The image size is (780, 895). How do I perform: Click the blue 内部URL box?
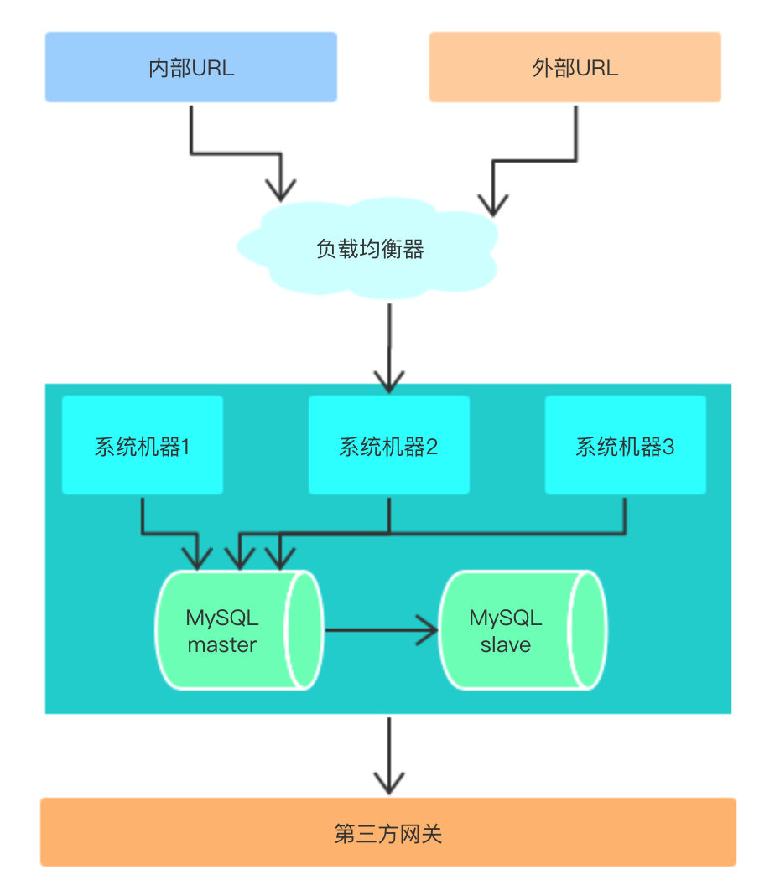191,67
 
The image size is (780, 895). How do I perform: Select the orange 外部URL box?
575,67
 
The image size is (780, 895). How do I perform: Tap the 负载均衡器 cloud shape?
370,249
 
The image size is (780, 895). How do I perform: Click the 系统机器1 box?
143,446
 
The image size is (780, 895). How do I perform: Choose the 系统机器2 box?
388,446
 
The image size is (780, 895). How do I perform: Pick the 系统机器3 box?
625,446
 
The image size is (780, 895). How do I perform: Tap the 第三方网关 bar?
388,833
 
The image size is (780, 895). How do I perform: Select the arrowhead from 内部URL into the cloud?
281,189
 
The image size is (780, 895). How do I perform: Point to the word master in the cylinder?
222,645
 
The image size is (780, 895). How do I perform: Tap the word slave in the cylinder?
506,645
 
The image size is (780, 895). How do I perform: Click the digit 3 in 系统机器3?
668,447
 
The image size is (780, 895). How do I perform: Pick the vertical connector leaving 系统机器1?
143,513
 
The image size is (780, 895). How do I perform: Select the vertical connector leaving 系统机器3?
626,513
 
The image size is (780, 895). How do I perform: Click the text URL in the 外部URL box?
597,68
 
